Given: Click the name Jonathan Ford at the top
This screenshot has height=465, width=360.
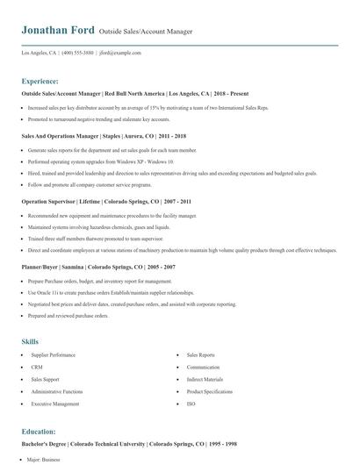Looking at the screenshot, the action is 57,31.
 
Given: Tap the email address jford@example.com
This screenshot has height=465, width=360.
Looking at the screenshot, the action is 121,53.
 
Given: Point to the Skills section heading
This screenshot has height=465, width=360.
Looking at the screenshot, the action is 30,340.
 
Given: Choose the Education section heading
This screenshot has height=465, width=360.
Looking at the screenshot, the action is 40,432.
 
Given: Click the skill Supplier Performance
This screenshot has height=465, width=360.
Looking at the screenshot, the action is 53,354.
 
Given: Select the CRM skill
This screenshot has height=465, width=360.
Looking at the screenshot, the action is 37,367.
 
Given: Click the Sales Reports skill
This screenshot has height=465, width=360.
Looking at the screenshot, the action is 199,354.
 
